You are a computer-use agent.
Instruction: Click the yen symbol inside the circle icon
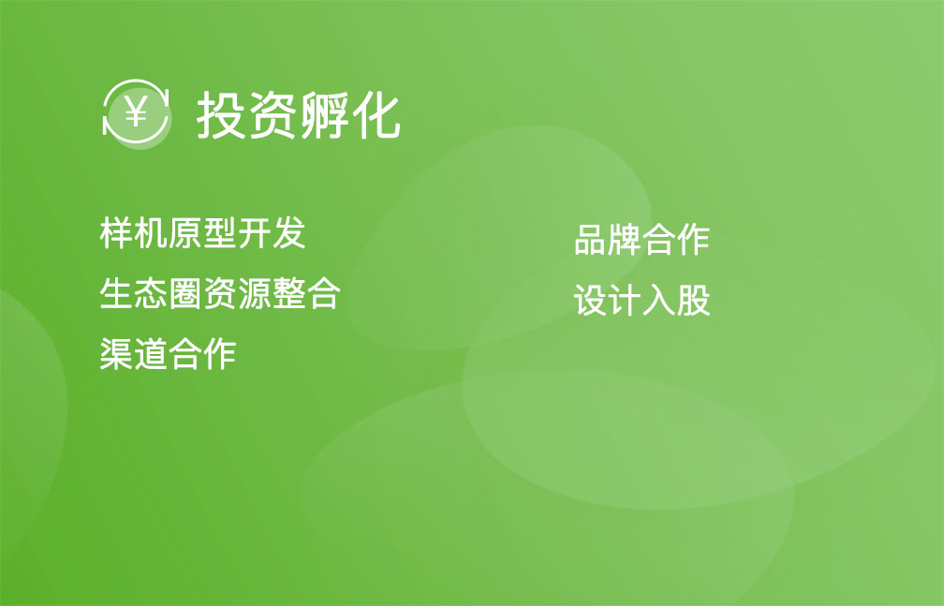pos(136,111)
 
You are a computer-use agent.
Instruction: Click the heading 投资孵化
pos(299,115)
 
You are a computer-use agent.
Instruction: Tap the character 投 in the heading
pos(221,115)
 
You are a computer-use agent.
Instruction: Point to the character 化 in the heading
pos(376,115)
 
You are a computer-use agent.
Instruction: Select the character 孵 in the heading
pos(324,115)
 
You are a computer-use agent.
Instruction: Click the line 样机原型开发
pos(202,232)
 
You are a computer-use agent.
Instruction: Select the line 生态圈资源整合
pos(220,293)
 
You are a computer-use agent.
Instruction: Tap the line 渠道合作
pos(168,353)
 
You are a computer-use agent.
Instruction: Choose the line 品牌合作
pos(642,239)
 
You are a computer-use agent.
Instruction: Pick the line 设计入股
pos(642,300)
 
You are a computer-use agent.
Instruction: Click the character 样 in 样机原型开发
pos(116,232)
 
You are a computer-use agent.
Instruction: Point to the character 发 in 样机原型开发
pos(289,232)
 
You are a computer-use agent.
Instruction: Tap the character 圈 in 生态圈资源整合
pos(185,293)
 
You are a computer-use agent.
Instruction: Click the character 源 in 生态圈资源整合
pos(255,293)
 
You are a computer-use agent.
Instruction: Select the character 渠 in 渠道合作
pos(116,353)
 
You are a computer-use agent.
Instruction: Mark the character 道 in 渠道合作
pos(151,353)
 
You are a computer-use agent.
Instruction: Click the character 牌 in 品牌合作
pos(625,239)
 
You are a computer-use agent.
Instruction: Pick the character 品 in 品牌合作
pos(591,239)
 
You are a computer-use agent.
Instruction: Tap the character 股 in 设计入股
pos(694,300)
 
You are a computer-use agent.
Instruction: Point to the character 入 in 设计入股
pos(659,300)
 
